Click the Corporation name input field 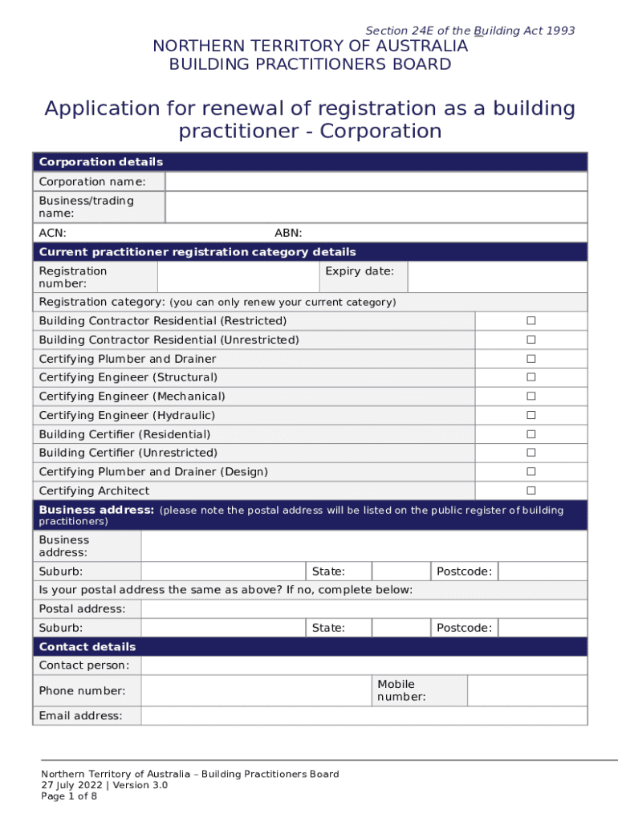(x=376, y=181)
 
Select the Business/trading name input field (x=376, y=207)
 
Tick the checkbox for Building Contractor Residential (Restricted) (x=531, y=321)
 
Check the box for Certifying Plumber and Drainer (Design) (x=531, y=472)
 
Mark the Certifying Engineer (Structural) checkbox (x=531, y=377)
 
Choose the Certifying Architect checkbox (x=531, y=490)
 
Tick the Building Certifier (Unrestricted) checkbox (x=531, y=453)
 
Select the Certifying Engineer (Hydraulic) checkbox (x=531, y=415)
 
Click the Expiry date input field (x=497, y=277)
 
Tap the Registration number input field (x=238, y=277)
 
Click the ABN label (x=288, y=233)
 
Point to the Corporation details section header (x=101, y=162)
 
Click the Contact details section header (x=87, y=647)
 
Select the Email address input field (x=364, y=716)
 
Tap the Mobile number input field (x=527, y=690)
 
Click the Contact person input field (x=364, y=665)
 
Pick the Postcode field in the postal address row (x=543, y=628)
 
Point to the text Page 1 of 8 (x=69, y=796)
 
